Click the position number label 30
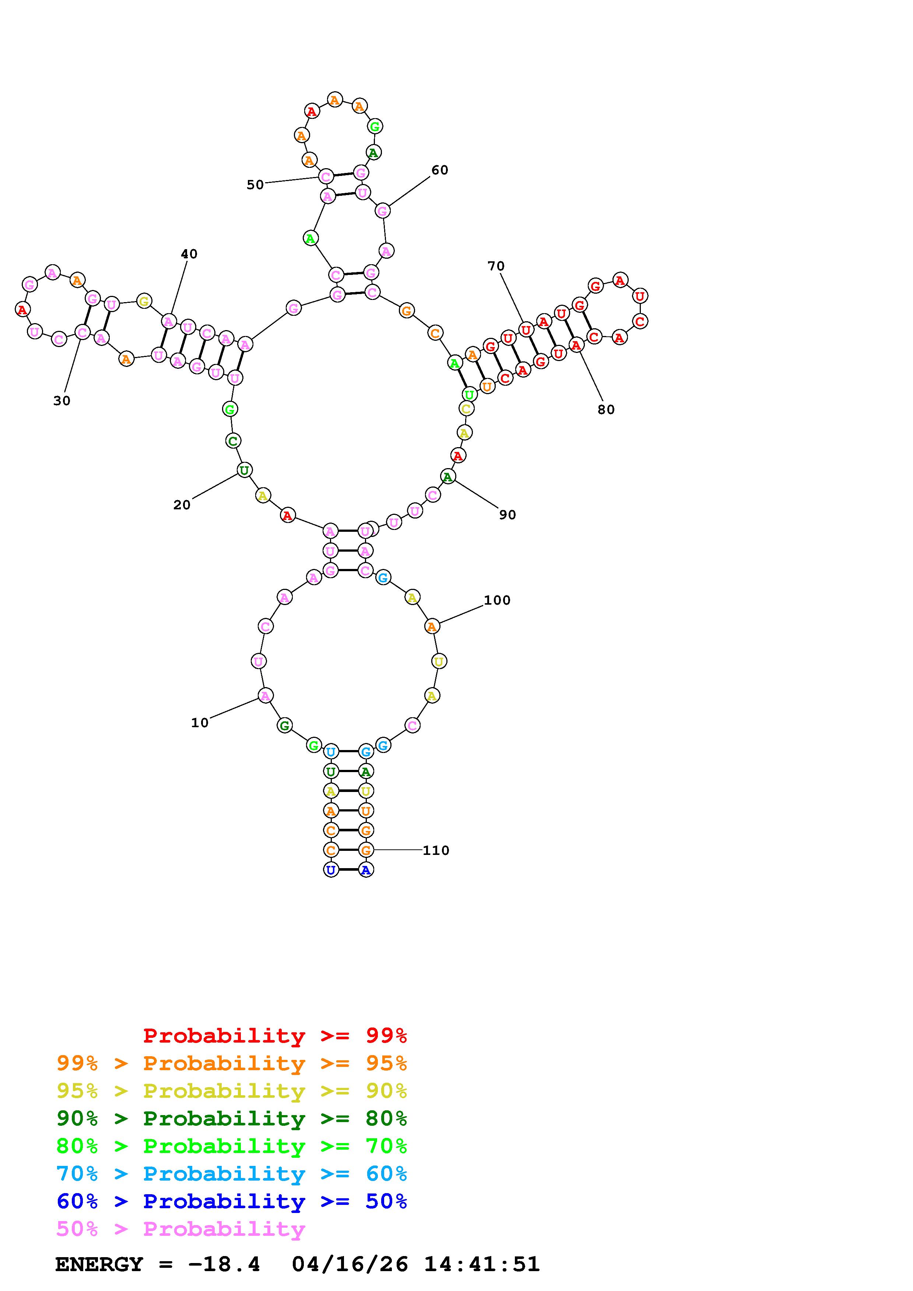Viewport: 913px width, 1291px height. pos(62,400)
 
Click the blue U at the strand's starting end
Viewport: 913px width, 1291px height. pos(331,870)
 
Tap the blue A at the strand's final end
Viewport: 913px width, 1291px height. pos(366,870)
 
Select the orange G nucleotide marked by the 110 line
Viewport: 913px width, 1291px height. pos(366,850)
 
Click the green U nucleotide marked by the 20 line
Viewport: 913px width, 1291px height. pos(244,470)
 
